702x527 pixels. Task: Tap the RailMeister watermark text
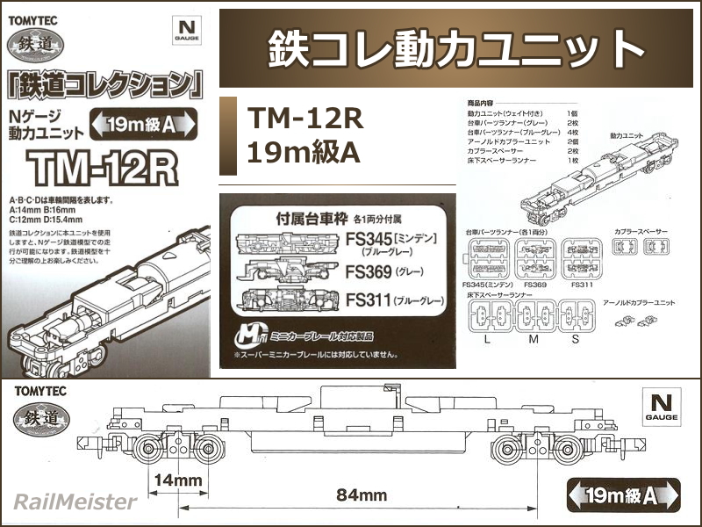pyautogui.click(x=75, y=502)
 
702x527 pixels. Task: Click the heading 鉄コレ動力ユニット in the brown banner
pyautogui.click(x=455, y=49)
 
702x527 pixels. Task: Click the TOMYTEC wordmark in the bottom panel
pyautogui.click(x=44, y=391)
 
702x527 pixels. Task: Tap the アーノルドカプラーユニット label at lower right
pyautogui.click(x=641, y=302)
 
